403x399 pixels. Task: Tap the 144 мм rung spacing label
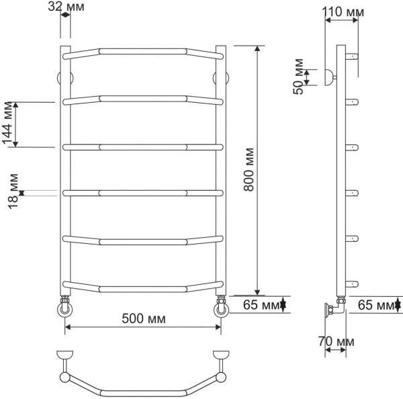[8, 124]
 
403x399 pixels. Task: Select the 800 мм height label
[249, 171]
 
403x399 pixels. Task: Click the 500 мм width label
[143, 318]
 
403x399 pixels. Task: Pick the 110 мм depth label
[342, 11]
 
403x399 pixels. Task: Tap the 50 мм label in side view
[299, 77]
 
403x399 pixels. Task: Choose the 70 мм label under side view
[336, 342]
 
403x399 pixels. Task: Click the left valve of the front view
[65, 308]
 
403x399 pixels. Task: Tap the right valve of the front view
[220, 308]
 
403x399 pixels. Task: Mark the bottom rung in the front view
[142, 289]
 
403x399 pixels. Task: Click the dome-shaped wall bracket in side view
[329, 77]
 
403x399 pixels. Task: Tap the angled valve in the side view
[334, 308]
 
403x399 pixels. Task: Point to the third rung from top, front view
[142, 146]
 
